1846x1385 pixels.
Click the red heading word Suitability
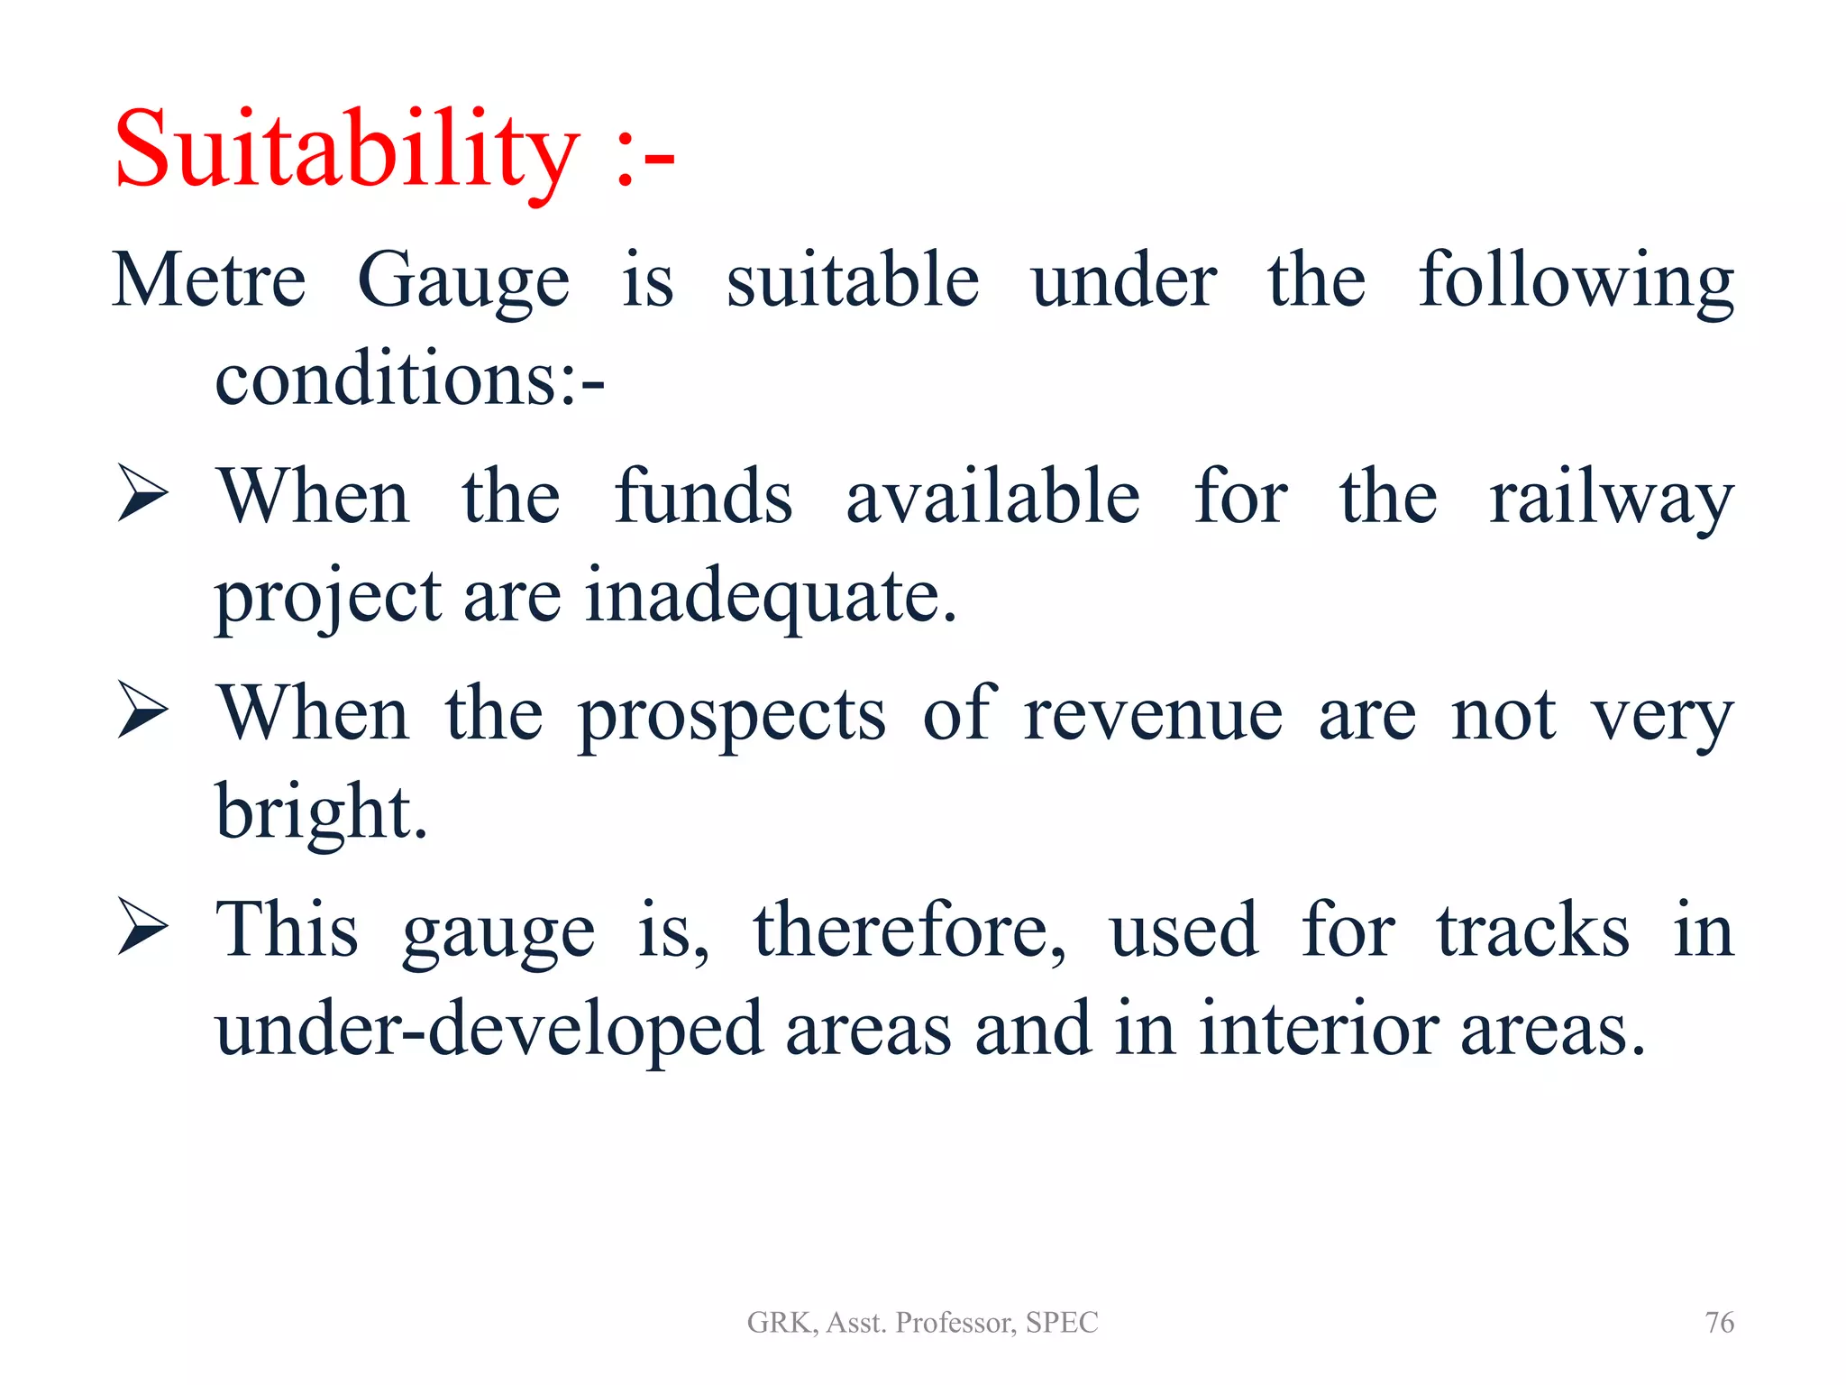[x=347, y=149]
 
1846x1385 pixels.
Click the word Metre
[x=209, y=281]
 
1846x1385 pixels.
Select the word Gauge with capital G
[x=463, y=281]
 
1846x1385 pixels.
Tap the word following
[x=1576, y=281]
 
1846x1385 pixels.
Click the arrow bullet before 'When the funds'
[x=142, y=494]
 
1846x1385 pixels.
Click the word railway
[x=1611, y=498]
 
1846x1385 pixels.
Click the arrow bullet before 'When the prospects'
[x=142, y=711]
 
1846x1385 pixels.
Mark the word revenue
[x=1153, y=714]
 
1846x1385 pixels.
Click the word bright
[x=320, y=812]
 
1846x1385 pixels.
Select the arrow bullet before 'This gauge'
[x=142, y=927]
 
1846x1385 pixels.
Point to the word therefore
[x=909, y=931]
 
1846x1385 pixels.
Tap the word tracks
[x=1532, y=931]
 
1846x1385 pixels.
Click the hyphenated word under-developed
[x=489, y=1030]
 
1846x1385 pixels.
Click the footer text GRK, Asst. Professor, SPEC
[x=922, y=1323]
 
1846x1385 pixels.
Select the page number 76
[x=1719, y=1323]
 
